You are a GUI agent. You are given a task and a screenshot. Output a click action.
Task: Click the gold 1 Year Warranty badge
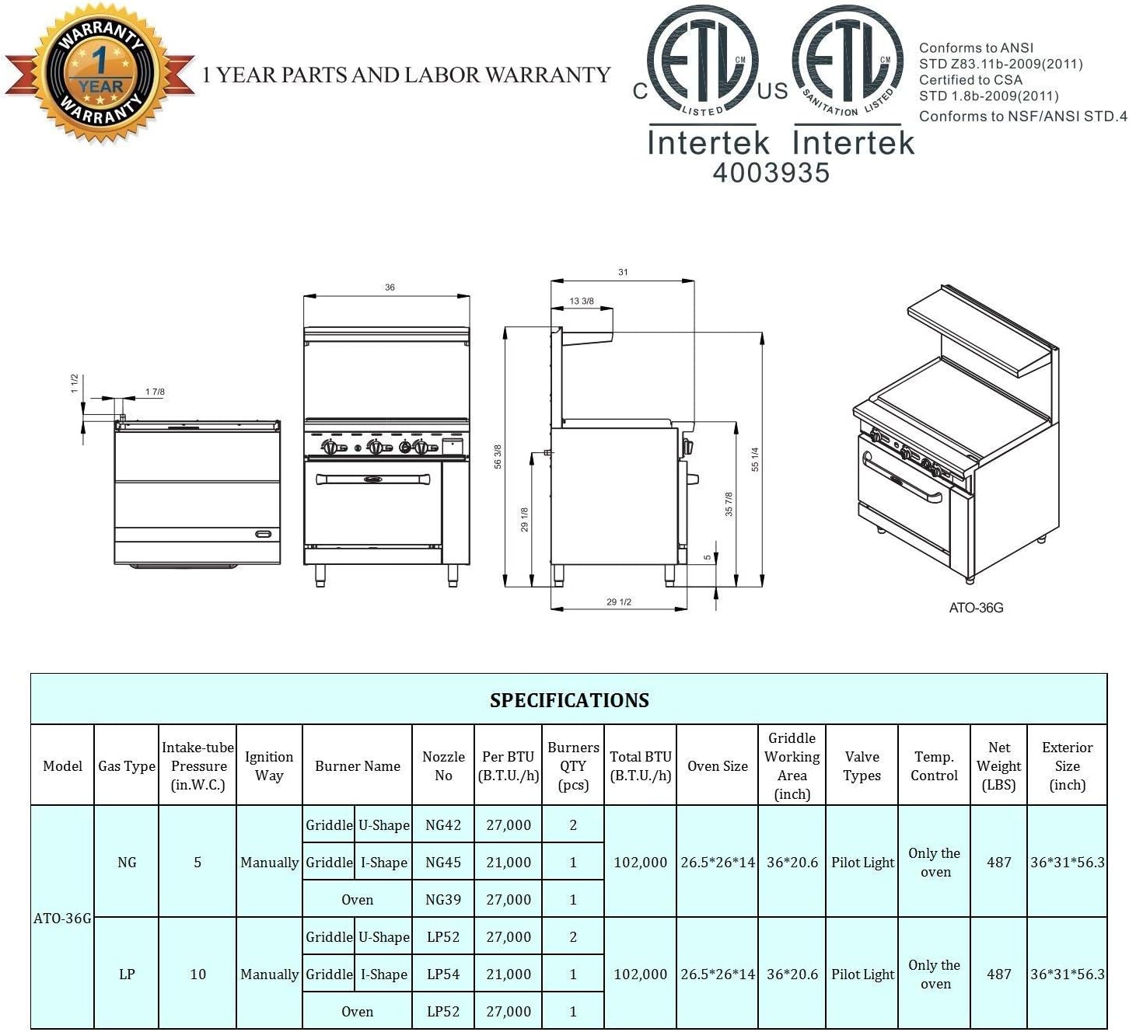[x=101, y=72]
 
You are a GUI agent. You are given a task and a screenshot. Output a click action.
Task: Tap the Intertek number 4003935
[x=771, y=173]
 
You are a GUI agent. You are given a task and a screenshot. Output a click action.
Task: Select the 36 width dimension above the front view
[x=390, y=288]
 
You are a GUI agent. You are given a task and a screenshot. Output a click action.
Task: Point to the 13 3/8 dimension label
[x=582, y=301]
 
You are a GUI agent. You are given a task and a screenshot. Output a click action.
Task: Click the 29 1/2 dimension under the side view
[x=618, y=602]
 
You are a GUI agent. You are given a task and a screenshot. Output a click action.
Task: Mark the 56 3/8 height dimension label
[x=498, y=456]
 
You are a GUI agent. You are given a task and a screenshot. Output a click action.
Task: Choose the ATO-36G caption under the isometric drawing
[x=976, y=608]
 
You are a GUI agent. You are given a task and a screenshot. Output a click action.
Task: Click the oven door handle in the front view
[x=372, y=479]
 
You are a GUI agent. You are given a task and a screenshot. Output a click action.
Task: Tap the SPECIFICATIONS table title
[x=569, y=700]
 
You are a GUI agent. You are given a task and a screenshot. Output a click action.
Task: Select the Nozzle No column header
[x=443, y=766]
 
